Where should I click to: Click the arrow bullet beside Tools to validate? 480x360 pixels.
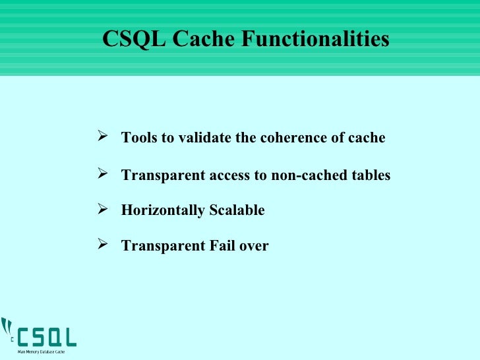102,137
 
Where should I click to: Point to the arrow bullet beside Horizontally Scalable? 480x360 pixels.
102,210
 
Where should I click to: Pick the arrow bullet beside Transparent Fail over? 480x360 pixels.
102,245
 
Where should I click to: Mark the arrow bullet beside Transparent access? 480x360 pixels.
102,174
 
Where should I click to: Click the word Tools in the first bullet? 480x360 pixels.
137,138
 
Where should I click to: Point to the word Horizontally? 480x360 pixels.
162,211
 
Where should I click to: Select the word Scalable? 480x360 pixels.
237,211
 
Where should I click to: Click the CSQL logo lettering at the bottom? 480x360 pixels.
46,337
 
